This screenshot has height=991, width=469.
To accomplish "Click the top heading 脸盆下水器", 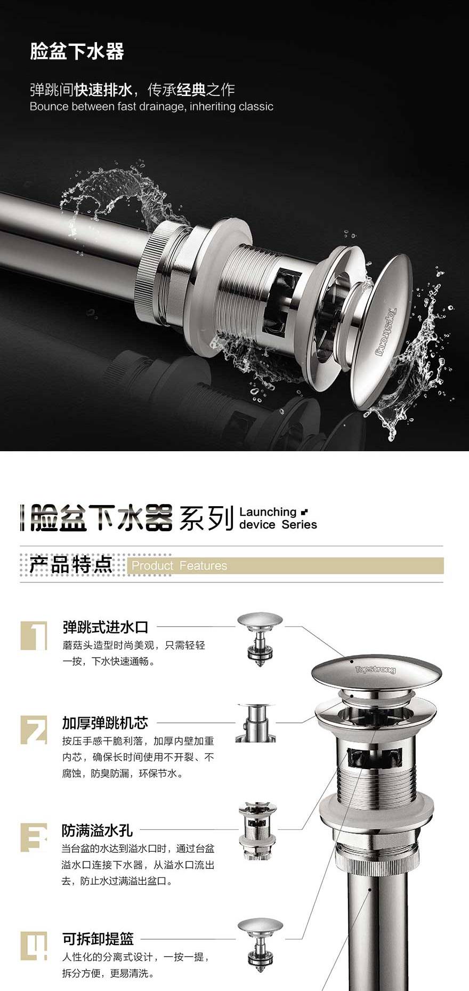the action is tap(77, 52).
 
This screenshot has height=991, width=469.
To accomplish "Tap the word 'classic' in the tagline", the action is tap(256, 106).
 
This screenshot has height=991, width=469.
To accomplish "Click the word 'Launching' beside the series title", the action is tap(268, 512).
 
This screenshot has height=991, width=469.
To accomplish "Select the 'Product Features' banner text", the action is tap(179, 565).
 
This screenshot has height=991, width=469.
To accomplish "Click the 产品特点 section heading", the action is tap(71, 564).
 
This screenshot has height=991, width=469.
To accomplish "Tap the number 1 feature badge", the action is tap(34, 635).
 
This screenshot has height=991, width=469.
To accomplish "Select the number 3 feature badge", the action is tap(34, 837).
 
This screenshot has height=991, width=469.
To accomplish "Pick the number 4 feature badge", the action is tap(34, 946).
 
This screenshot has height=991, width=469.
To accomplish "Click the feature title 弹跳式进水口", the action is tap(106, 627).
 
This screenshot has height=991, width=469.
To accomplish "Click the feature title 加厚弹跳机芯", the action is tap(105, 723).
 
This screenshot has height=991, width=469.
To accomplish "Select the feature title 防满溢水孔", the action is tap(97, 830).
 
